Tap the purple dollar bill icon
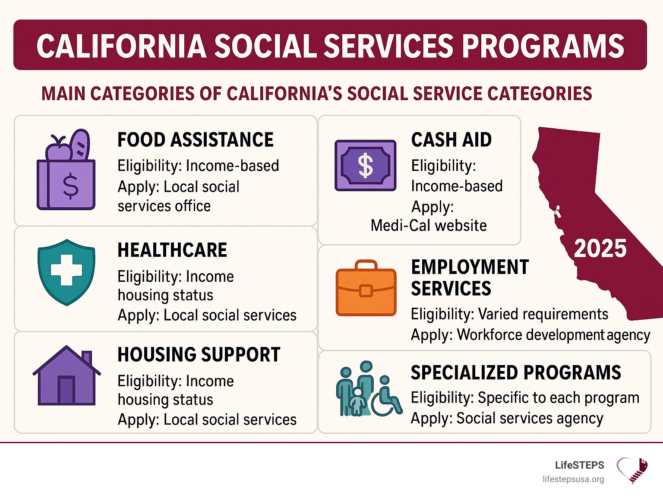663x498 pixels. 365,165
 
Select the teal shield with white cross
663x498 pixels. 66,272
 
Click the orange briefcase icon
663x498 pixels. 366,288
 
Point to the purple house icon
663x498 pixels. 66,375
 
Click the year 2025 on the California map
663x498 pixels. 600,249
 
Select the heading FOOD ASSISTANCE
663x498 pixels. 196,140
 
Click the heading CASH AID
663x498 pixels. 451,140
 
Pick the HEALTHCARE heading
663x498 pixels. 172,250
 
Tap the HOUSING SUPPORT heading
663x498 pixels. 199,355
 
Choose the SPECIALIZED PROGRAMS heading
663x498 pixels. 516,372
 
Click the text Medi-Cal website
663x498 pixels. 429,225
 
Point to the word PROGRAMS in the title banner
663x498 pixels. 543,46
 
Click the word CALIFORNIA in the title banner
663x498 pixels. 121,46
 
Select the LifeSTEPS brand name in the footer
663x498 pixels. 579,465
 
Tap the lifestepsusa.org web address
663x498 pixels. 573,479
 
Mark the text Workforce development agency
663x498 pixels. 553,335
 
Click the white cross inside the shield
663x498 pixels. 66,270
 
